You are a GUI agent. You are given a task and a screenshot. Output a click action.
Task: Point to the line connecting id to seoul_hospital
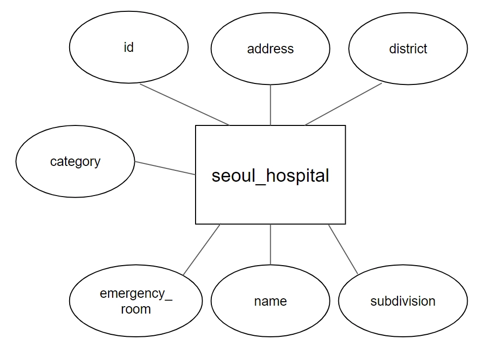[185, 105]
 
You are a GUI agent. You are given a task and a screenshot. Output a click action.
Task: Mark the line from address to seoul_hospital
[271, 105]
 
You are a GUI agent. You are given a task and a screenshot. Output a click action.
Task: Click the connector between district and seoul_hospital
[344, 104]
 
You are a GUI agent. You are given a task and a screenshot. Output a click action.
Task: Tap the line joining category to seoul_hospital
[165, 168]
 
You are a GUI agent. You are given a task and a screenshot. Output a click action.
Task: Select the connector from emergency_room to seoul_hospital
[201, 249]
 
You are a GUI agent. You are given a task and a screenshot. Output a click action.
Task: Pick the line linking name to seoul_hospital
[271, 244]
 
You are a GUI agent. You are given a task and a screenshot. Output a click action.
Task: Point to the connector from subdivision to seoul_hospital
[343, 249]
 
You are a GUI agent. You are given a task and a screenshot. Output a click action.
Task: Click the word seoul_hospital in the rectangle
[270, 176]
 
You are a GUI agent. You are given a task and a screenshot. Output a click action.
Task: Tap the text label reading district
[408, 49]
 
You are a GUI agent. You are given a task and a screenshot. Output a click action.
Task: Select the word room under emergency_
[136, 310]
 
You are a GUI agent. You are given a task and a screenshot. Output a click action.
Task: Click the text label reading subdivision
[403, 301]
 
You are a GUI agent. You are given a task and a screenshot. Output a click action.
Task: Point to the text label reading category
[75, 161]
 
